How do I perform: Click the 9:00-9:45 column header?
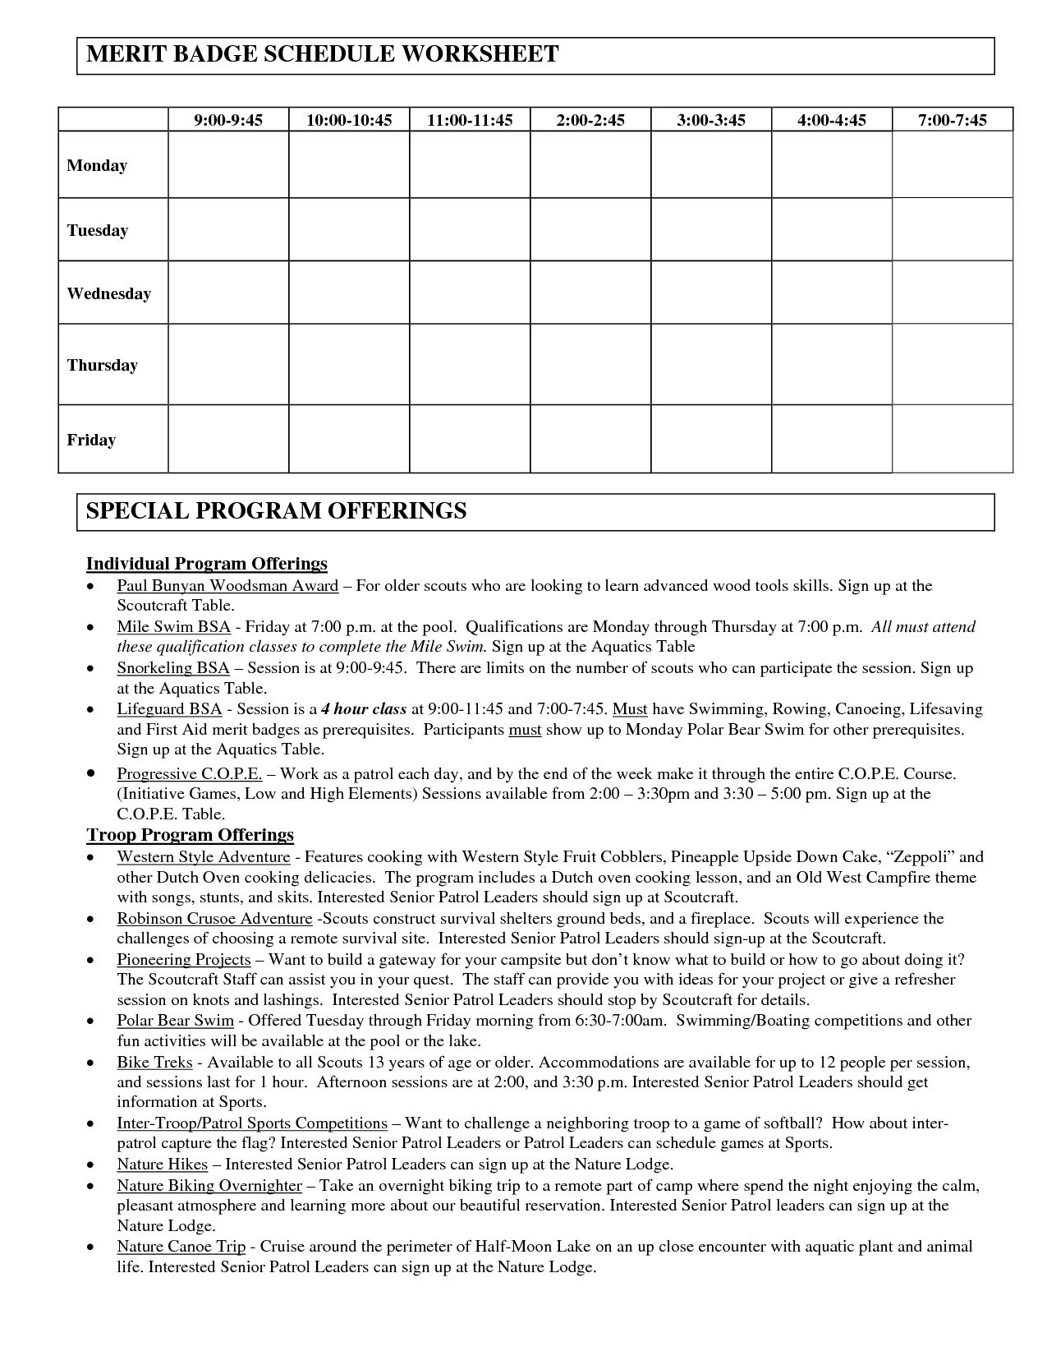[x=228, y=120]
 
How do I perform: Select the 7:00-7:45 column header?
[x=952, y=120]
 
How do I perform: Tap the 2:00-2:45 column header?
[x=590, y=120]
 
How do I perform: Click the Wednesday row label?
[x=109, y=293]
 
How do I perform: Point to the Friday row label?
[x=91, y=440]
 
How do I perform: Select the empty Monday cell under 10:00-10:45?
[x=349, y=164]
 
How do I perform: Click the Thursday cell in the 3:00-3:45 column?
[x=711, y=364]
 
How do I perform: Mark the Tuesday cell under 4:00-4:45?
[x=832, y=229]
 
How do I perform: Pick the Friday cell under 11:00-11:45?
[x=470, y=439]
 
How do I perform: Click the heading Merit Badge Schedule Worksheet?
[x=323, y=55]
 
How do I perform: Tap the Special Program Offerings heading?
[x=277, y=511]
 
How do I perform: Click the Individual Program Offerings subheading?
[x=207, y=564]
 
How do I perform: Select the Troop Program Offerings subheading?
[x=190, y=835]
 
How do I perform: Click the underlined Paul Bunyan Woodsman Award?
[x=227, y=586]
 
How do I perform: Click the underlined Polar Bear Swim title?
[x=175, y=1021]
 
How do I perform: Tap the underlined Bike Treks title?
[x=154, y=1062]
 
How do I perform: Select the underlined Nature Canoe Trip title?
[x=181, y=1247]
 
